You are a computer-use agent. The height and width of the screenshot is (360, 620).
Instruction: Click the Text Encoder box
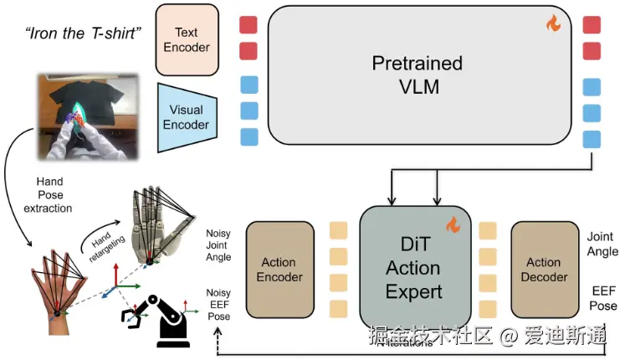187,39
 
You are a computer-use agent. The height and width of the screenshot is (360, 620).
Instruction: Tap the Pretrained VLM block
417,75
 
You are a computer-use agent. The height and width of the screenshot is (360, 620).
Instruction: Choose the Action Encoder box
279,270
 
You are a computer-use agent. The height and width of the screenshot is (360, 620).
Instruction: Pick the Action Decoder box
544,269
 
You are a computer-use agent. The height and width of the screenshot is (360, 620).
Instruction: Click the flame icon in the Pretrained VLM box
553,24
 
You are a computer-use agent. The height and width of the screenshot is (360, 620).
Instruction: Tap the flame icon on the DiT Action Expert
453,224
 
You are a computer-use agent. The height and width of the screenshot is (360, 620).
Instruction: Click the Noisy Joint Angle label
218,245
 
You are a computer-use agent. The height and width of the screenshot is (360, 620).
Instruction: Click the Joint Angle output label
601,244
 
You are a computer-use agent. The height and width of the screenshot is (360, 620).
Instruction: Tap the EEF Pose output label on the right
601,299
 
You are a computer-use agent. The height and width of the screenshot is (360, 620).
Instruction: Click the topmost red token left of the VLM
249,24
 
